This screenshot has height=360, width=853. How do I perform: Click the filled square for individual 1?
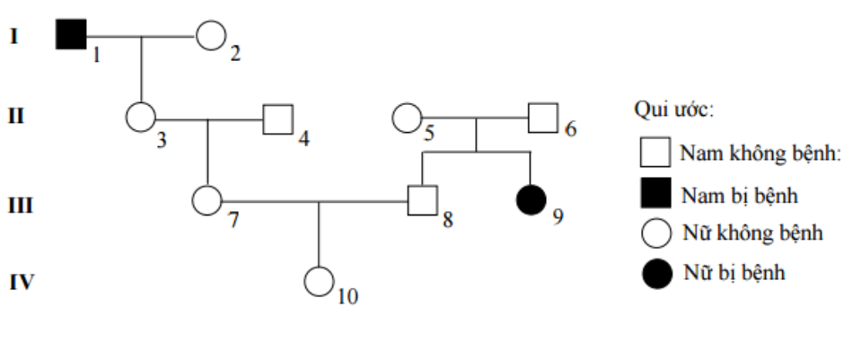[x=71, y=36]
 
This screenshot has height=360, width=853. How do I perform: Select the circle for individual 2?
[x=210, y=37]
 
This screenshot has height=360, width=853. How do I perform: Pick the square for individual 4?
[x=277, y=119]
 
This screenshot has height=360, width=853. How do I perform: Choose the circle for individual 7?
[x=207, y=200]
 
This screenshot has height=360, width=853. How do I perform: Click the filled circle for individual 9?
[x=531, y=200]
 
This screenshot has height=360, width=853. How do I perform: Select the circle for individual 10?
[x=319, y=281]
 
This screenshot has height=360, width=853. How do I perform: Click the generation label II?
[x=16, y=119]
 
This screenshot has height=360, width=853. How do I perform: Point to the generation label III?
[x=20, y=206]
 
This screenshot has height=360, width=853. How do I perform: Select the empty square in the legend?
[x=655, y=153]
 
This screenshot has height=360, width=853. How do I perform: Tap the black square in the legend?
[x=655, y=193]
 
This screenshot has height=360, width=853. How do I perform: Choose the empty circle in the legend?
[x=655, y=233]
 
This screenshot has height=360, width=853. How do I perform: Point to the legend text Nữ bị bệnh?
[x=734, y=272]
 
